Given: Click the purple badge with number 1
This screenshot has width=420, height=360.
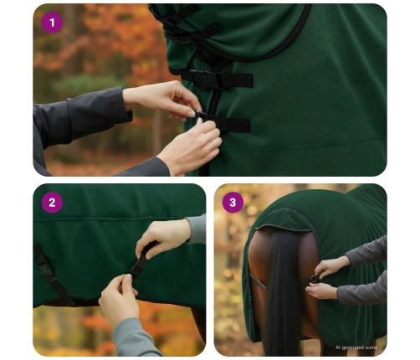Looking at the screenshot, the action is pos(52,23).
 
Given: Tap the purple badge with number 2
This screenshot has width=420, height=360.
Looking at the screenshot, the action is pos(52,203).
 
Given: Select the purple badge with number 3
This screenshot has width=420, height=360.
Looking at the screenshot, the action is pos(233,203).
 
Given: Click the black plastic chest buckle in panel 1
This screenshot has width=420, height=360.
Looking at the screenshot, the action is pos(208,79).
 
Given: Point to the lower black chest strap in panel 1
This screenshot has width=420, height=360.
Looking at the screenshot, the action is pos(223,122).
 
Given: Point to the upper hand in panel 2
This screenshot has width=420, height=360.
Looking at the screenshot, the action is pos(164,237).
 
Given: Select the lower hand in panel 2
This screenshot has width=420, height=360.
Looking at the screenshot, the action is pos(120,301).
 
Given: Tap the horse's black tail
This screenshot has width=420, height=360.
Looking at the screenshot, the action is pos(282,291).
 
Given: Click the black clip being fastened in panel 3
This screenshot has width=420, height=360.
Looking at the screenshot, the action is pos(312,280).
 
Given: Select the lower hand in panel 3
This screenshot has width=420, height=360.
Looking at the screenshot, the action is pos(321,291).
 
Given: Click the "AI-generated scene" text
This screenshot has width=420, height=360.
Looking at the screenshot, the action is pos(356,347).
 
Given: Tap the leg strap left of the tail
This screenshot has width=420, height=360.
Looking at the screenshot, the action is pos(257,282).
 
